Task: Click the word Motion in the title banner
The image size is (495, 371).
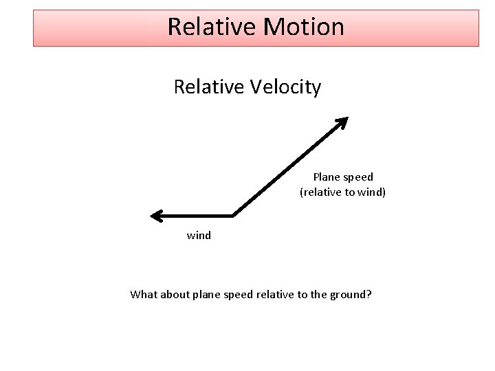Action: pos(304,27)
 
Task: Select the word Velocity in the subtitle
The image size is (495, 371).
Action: pos(288,88)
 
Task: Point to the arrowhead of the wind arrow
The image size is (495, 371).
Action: pos(156,216)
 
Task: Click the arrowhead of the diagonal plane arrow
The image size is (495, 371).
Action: pos(343,122)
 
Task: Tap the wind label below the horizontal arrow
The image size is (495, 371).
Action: pos(199,236)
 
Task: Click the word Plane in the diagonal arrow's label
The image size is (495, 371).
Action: pos(327,177)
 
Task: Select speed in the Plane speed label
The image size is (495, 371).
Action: pos(358,177)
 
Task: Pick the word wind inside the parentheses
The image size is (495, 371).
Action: pos(371,192)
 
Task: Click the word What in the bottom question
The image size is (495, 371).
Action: pos(143,295)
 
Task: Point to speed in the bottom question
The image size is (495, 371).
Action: pos(237,295)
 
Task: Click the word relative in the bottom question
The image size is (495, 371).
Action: pos(274,295)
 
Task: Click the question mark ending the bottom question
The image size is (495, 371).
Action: pos(370,295)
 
